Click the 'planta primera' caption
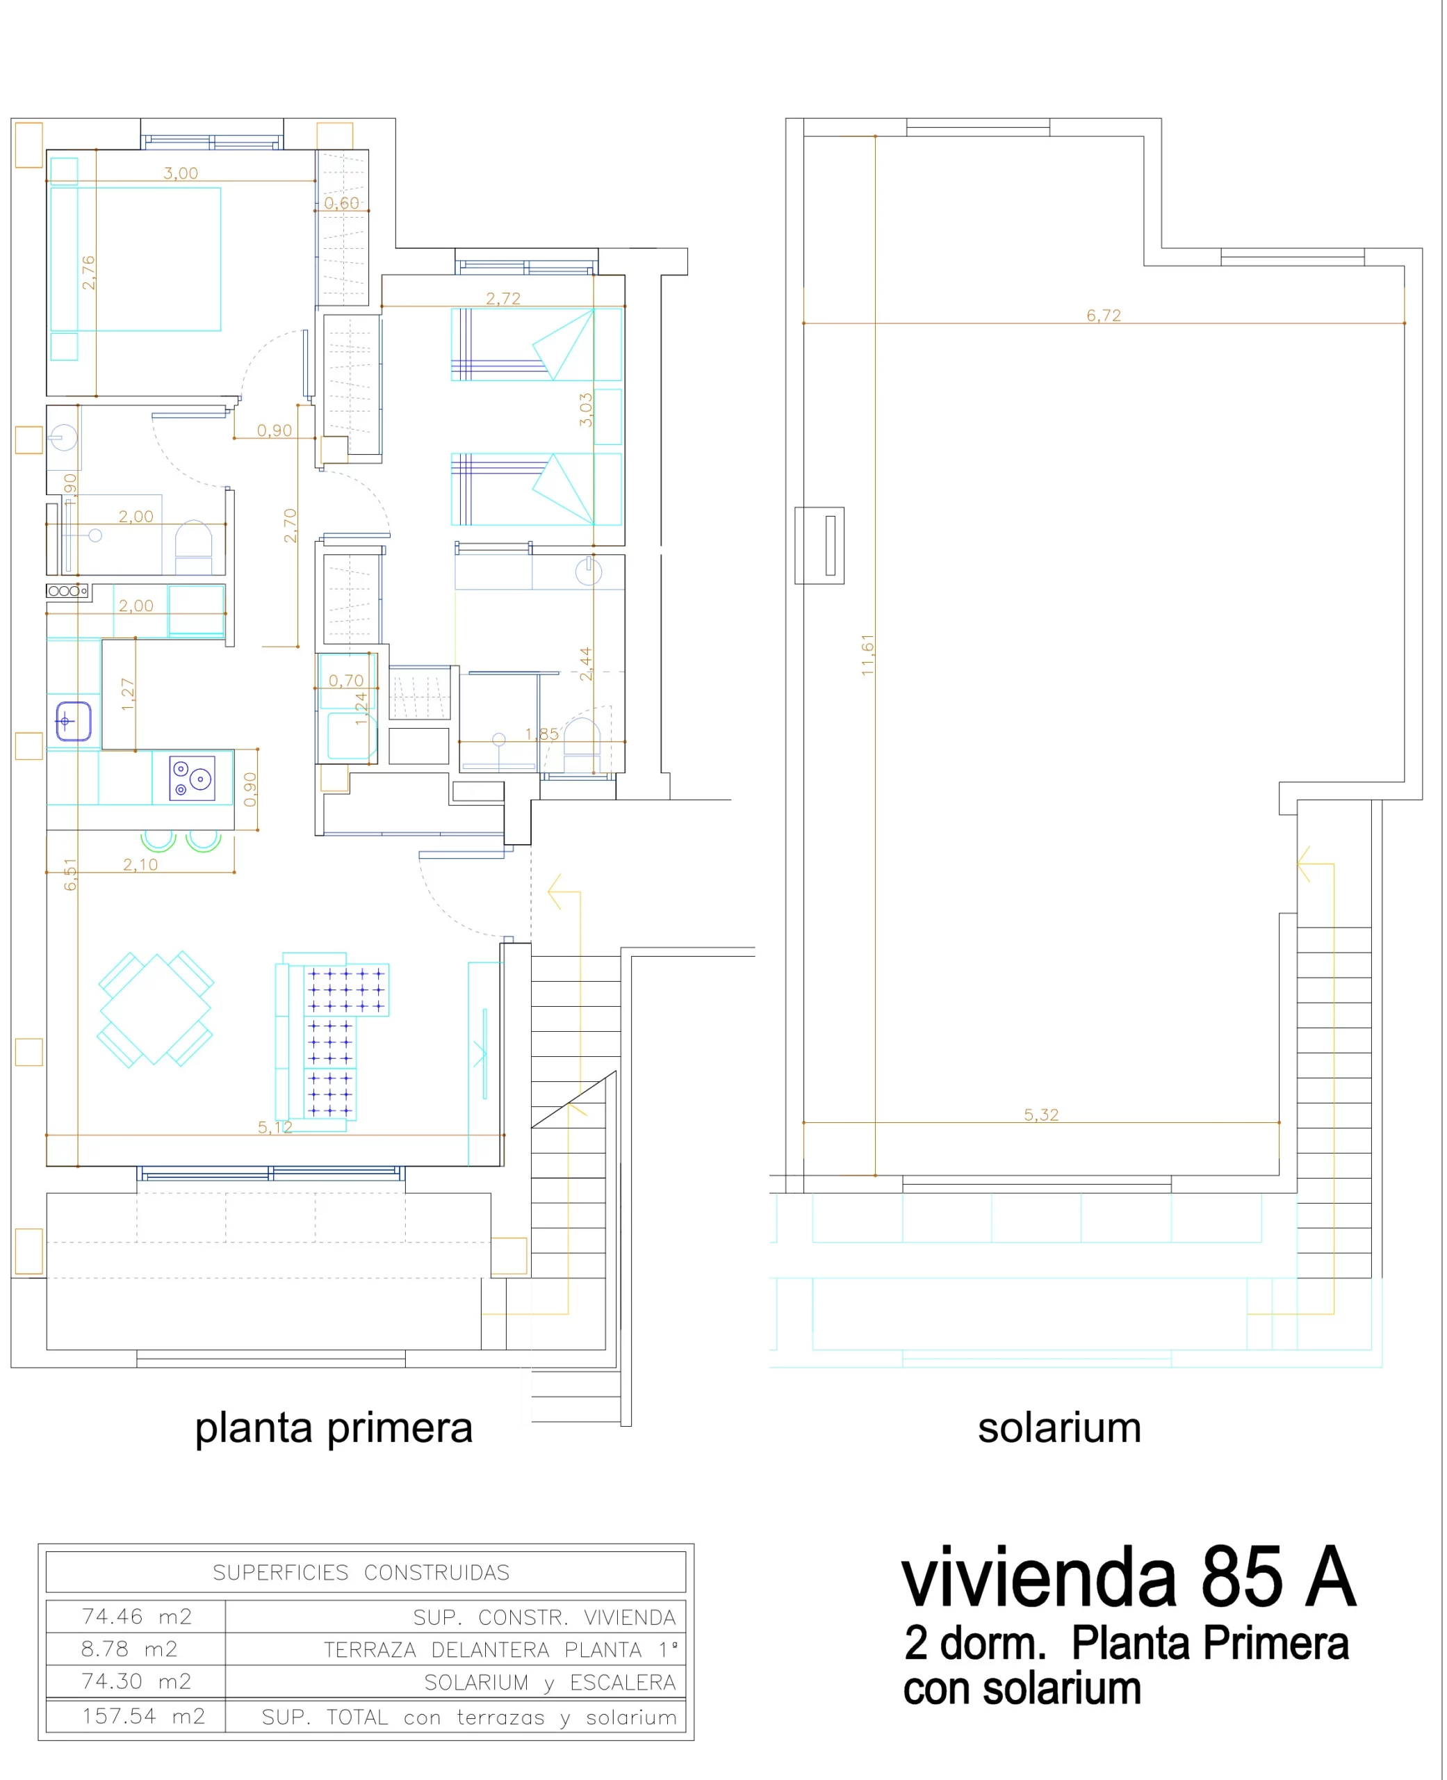(x=334, y=1429)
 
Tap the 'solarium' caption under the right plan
(x=1059, y=1427)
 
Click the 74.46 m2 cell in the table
(x=137, y=1617)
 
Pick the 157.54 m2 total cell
(x=143, y=1716)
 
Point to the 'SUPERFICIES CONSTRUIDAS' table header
(x=361, y=1572)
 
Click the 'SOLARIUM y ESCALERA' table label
(x=550, y=1683)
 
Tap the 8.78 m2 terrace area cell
(x=129, y=1649)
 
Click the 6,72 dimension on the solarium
(x=1104, y=315)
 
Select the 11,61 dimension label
(x=867, y=654)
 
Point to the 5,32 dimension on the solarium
(x=1041, y=1115)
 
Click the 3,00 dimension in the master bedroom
(x=181, y=173)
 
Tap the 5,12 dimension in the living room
(x=275, y=1127)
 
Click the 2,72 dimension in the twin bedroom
(x=503, y=298)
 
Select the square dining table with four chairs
(x=155, y=1009)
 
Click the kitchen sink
(x=74, y=721)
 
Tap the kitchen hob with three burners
(x=193, y=778)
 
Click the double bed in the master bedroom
(x=135, y=259)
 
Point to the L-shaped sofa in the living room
(x=332, y=1042)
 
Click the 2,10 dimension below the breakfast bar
(x=140, y=864)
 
